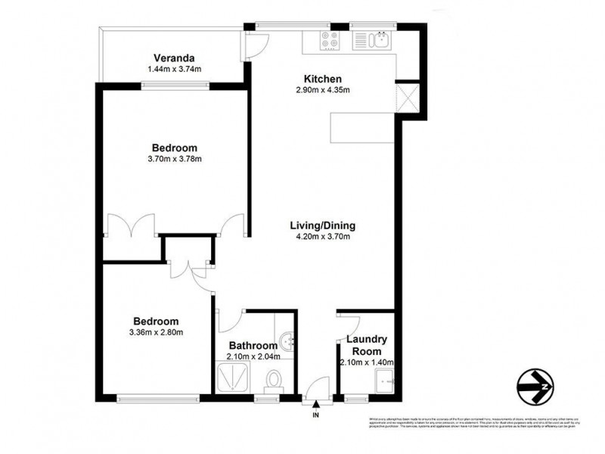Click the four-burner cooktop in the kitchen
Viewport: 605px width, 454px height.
331,40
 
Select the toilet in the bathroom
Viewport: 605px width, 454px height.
274,378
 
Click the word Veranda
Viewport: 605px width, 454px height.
175,58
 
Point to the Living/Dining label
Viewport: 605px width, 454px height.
323,225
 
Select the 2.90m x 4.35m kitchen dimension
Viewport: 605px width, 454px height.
323,90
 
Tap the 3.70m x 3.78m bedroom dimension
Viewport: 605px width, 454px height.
175,159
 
